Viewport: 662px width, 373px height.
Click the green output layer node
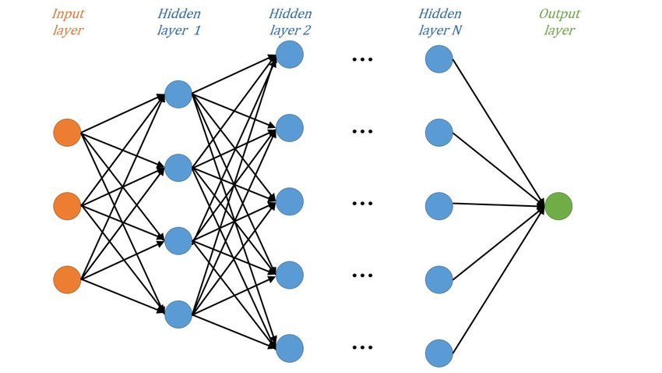558,206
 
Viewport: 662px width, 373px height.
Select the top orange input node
67,133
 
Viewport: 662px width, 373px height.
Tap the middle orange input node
67,206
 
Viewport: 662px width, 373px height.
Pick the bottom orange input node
67,279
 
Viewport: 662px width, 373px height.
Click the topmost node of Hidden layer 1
178,94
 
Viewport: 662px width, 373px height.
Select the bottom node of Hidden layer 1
178,314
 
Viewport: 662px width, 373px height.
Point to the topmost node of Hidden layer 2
290,55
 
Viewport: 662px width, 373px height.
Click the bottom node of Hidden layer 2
290,349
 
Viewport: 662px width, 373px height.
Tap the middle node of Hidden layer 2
290,201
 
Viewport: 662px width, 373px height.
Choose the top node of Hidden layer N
439,59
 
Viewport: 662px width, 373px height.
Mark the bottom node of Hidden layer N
439,353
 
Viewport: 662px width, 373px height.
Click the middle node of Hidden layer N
439,206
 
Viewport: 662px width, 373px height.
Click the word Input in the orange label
68,14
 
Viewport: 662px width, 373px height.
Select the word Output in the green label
559,14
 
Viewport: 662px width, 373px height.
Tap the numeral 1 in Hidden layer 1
196,30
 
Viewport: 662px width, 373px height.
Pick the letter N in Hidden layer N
456,30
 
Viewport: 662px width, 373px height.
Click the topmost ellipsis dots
362,59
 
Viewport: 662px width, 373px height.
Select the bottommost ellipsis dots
362,347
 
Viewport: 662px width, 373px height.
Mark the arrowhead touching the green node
541,206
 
